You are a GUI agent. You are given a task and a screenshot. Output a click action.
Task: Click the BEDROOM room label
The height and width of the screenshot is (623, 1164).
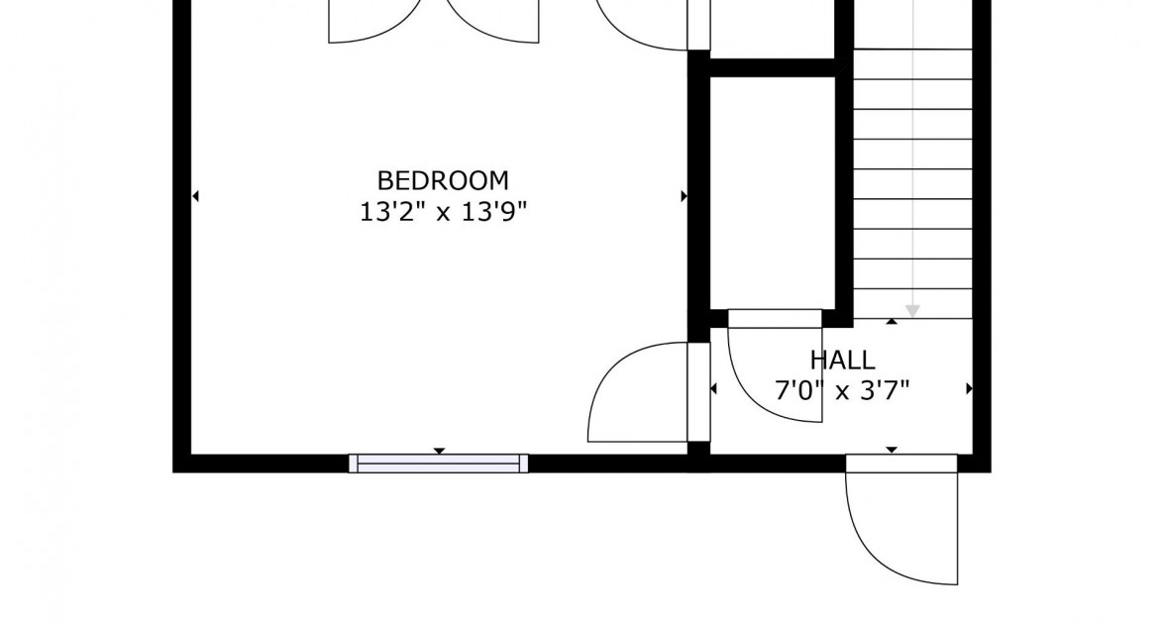point(443,181)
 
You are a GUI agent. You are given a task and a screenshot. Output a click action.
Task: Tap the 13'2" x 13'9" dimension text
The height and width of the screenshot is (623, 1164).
point(443,212)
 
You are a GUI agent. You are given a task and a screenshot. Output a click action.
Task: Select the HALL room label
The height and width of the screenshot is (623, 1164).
point(842,360)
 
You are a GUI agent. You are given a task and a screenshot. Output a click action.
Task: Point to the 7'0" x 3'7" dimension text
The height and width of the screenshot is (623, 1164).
point(842,389)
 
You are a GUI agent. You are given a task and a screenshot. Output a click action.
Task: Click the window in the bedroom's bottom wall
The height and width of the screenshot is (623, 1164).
point(438,464)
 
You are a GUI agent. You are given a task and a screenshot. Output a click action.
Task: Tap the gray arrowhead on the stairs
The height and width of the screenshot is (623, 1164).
point(912,310)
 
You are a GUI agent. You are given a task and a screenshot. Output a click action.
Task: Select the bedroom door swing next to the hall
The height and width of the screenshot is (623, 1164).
point(634,396)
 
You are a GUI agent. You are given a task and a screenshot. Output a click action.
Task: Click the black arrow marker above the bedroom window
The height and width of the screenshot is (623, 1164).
point(439,451)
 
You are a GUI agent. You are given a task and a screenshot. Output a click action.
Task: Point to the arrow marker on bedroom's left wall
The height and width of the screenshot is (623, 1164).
point(195,196)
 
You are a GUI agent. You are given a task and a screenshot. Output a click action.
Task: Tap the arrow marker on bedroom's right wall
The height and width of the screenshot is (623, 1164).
point(684,196)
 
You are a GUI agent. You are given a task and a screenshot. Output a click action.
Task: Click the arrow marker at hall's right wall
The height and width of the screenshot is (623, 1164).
point(969,389)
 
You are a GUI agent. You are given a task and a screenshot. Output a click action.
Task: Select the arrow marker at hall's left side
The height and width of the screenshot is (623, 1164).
point(713,389)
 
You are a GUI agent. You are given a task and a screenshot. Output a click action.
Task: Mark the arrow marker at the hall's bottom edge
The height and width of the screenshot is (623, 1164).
point(891,450)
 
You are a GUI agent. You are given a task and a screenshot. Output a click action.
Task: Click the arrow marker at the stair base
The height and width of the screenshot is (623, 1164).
point(892,321)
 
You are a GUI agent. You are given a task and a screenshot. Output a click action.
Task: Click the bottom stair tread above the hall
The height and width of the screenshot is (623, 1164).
point(912,303)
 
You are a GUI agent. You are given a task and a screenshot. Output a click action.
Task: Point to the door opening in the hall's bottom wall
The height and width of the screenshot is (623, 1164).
point(900,463)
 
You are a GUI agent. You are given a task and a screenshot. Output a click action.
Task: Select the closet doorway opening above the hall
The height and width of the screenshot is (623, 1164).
point(775,318)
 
